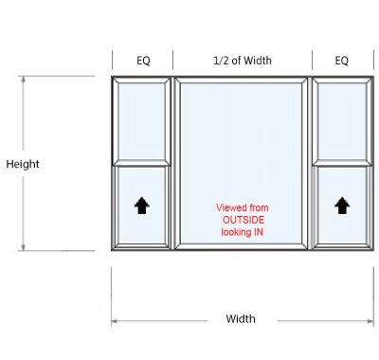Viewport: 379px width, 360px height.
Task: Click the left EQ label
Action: click(143, 61)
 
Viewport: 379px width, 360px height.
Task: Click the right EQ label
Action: click(341, 61)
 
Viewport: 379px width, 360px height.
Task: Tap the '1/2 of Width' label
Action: click(243, 61)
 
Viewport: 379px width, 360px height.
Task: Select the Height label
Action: click(23, 164)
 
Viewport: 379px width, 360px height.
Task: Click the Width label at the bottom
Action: click(240, 318)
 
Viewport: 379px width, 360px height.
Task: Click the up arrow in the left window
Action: click(142, 205)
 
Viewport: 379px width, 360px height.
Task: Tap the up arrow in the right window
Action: click(341, 205)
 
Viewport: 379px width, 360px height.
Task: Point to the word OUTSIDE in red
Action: click(244, 219)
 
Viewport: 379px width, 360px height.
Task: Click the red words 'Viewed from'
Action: click(243, 207)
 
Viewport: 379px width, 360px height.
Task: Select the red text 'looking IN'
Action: click(243, 231)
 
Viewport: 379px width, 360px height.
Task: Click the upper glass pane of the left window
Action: click(142, 121)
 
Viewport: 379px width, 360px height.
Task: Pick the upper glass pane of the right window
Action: click(341, 121)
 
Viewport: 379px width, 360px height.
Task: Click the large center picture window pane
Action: click(243, 142)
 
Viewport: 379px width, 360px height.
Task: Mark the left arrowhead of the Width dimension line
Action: click(115, 321)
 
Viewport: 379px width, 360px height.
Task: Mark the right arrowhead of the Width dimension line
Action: click(370, 321)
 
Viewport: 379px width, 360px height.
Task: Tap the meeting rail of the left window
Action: click(142, 166)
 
